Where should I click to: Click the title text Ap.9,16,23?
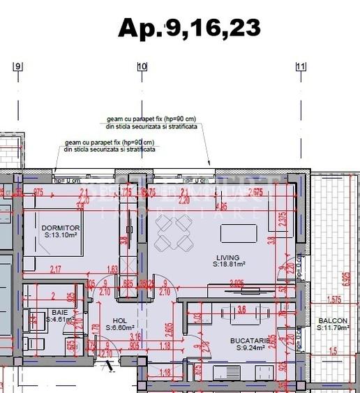pyautogui.click(x=189, y=27)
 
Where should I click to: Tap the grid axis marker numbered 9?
pyautogui.click(x=18, y=67)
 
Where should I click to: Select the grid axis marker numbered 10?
pyautogui.click(x=142, y=67)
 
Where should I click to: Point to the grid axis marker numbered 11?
pyautogui.click(x=301, y=67)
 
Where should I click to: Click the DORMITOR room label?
pyautogui.click(x=61, y=228)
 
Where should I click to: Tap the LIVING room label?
pyautogui.click(x=227, y=258)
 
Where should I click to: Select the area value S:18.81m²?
pyautogui.click(x=227, y=265)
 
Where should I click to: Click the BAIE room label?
pyautogui.click(x=59, y=312)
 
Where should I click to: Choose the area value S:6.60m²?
pyautogui.click(x=120, y=327)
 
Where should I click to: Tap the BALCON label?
pyautogui.click(x=333, y=322)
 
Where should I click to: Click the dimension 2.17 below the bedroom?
pyautogui.click(x=56, y=269)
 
